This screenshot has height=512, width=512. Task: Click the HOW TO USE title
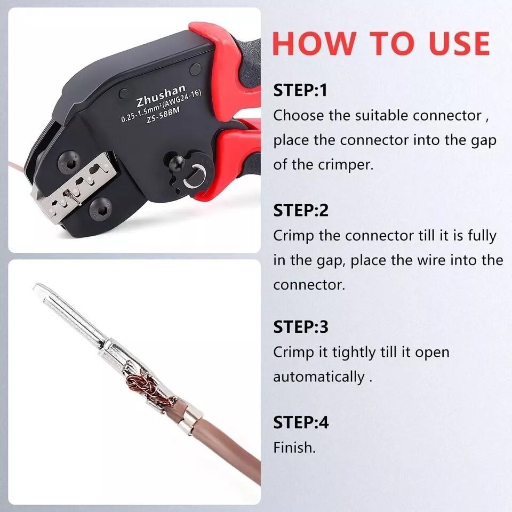(381, 43)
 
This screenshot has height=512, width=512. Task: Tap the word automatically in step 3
(318, 377)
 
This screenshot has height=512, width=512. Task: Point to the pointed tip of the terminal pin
(36, 288)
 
